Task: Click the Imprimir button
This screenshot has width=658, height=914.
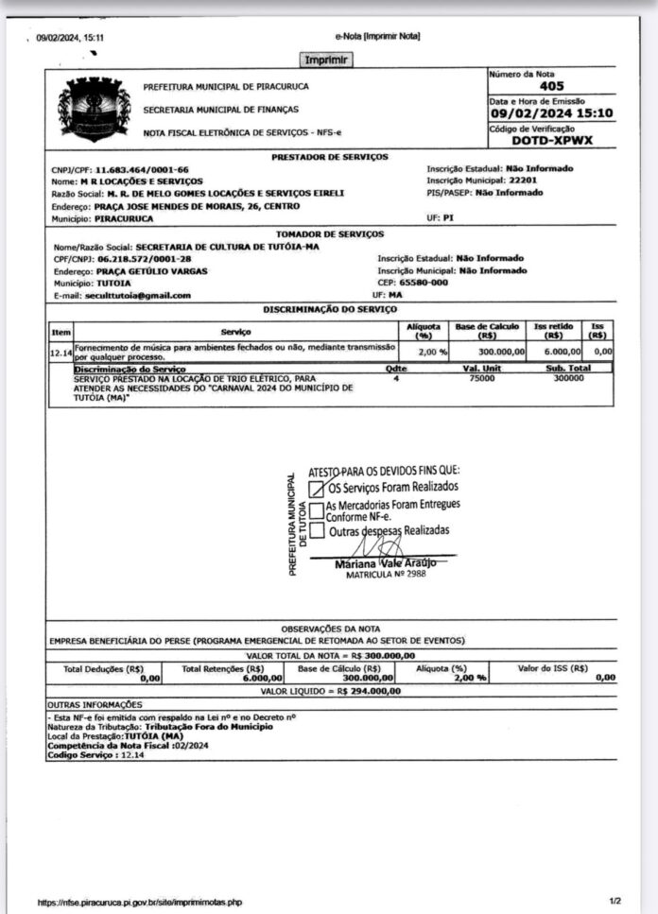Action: [x=327, y=60]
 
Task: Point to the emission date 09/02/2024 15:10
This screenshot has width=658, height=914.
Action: [x=551, y=113]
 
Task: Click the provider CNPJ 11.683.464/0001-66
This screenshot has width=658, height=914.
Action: [x=142, y=170]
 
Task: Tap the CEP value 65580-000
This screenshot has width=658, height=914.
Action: [x=424, y=283]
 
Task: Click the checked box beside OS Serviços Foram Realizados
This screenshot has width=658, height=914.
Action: [x=317, y=489]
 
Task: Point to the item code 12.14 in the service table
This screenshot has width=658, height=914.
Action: [x=61, y=352]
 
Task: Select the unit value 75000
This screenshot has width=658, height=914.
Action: [x=482, y=377]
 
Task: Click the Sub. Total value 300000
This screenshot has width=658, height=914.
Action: [x=568, y=377]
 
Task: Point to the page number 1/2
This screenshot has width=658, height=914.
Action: [x=615, y=902]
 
